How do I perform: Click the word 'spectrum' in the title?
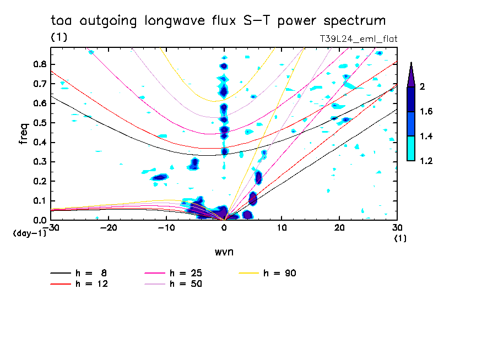[x=353, y=21]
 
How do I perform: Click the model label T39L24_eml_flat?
[x=359, y=39]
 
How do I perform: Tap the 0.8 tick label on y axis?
[x=39, y=64]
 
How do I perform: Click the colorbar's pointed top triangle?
[x=410, y=74]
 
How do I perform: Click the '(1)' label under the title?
[x=59, y=38]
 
